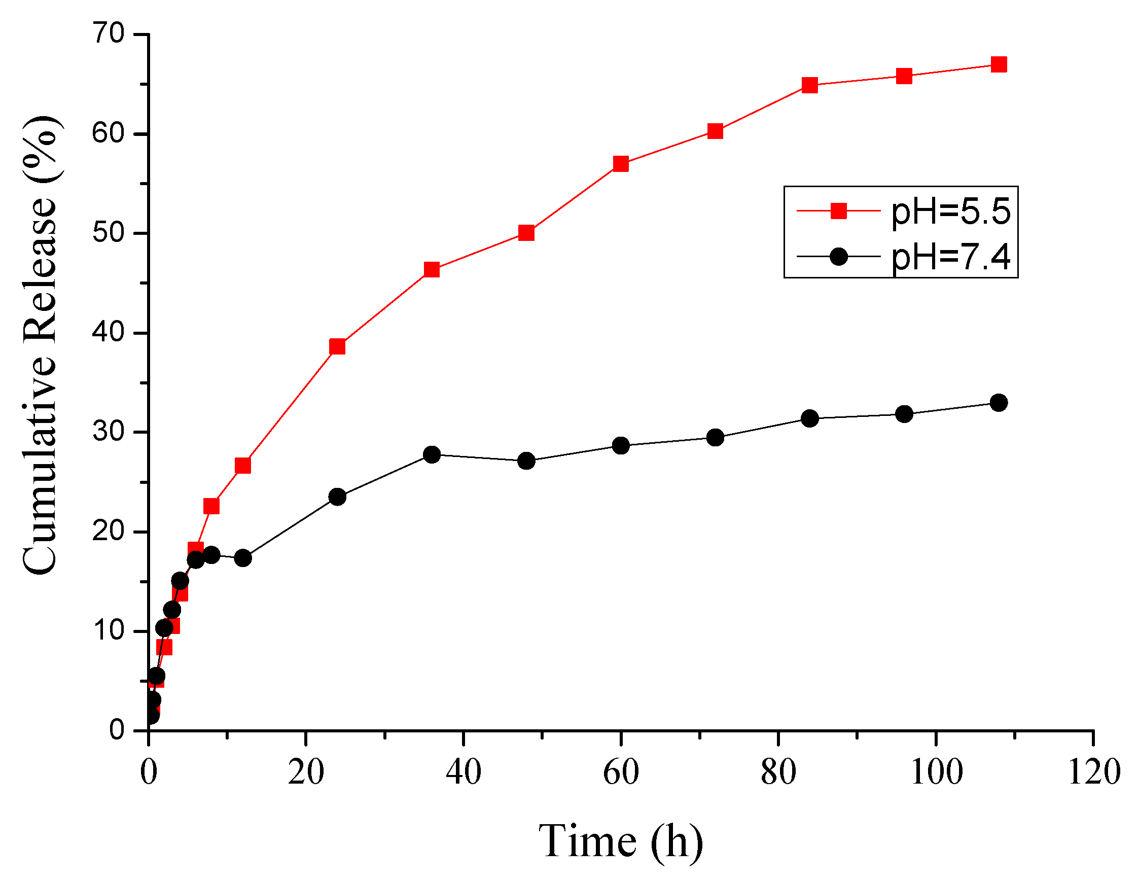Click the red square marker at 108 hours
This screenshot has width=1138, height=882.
click(x=998, y=64)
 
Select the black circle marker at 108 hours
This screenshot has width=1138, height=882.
click(x=998, y=403)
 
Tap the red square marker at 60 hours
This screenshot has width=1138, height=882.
click(x=621, y=164)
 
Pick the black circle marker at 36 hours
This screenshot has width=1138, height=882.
click(x=432, y=454)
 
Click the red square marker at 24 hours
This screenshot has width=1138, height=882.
click(x=338, y=346)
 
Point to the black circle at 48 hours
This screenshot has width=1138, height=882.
click(x=526, y=461)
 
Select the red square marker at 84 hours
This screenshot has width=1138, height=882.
click(x=809, y=85)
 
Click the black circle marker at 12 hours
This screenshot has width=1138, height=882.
click(x=243, y=558)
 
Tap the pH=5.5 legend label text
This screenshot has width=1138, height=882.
click(x=951, y=211)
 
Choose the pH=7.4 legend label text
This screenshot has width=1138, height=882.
click(x=951, y=257)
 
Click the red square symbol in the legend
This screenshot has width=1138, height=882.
click(x=838, y=211)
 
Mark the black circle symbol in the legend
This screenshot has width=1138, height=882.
click(x=838, y=256)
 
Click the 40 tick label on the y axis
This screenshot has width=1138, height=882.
click(x=109, y=332)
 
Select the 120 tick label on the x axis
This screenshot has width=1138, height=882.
click(x=1093, y=772)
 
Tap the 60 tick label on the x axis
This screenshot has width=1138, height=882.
click(x=621, y=772)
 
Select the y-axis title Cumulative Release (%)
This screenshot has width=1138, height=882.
click(x=41, y=345)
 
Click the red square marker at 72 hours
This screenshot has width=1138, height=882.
click(x=715, y=131)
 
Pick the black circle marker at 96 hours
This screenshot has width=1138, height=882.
click(x=904, y=414)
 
